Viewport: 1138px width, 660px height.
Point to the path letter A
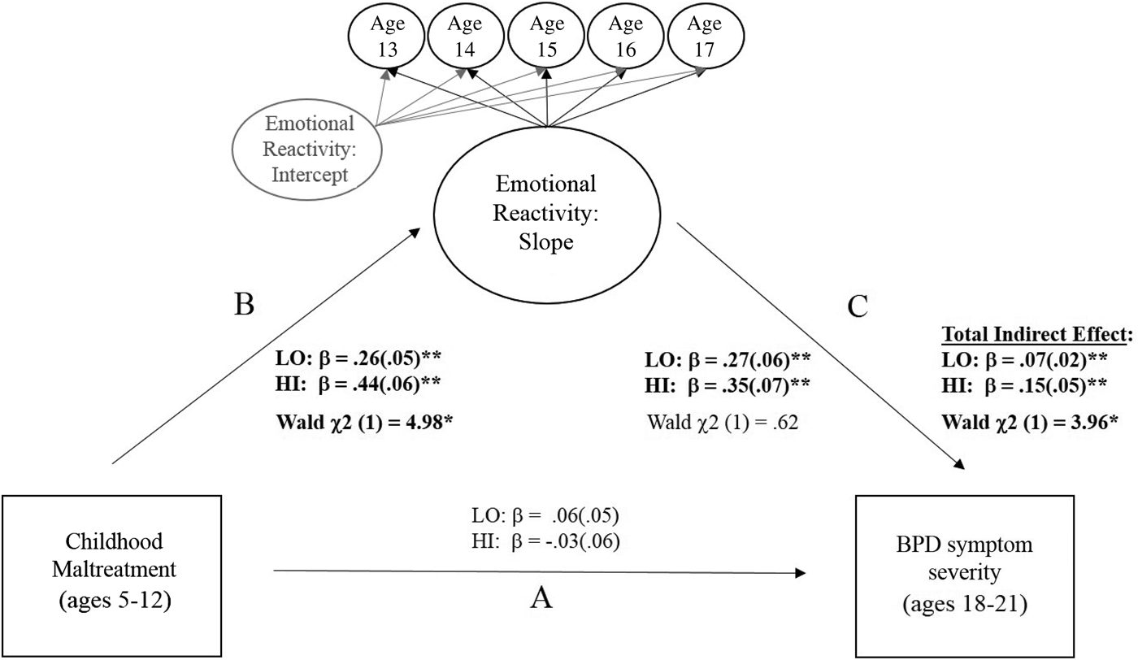click(541, 598)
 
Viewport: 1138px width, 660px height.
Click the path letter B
click(244, 305)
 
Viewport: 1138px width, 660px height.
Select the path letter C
click(858, 306)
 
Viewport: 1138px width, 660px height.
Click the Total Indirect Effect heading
click(1037, 334)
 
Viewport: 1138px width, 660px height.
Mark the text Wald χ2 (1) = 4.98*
click(364, 422)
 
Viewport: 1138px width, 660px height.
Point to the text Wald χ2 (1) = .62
click(723, 422)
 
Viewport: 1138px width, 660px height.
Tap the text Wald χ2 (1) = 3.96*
click(1030, 422)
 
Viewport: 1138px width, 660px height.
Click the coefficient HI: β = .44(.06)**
click(358, 384)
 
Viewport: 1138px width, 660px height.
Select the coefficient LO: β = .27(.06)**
click(728, 360)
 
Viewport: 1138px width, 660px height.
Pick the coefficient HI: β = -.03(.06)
click(545, 541)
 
